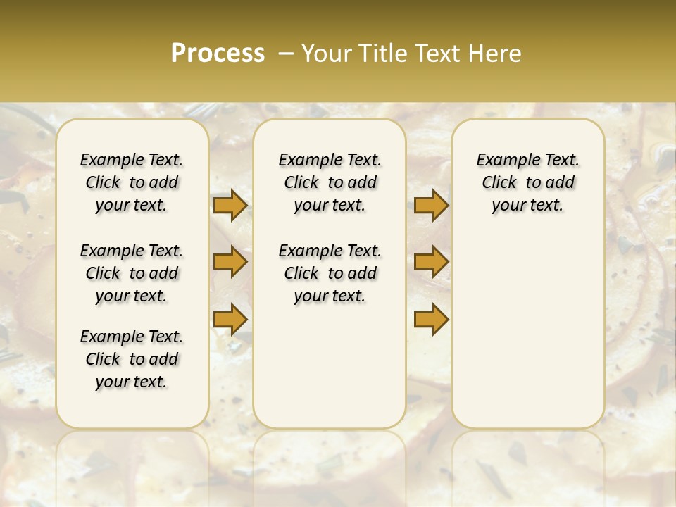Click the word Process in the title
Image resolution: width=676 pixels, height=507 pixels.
point(218,53)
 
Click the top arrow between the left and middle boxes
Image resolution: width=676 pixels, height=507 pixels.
point(230,206)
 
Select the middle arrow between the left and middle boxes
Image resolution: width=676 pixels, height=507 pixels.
point(230,263)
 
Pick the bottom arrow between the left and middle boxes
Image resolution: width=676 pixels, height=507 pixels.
point(230,320)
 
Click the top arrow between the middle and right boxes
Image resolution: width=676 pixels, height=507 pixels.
point(431,206)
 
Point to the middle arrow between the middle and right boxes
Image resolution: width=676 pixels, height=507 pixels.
point(431,263)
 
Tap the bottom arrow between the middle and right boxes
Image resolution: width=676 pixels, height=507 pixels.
point(431,320)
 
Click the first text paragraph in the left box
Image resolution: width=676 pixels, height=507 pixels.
point(132,182)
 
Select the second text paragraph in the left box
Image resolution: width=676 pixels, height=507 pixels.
point(132,273)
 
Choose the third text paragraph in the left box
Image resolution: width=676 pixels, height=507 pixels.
point(132,359)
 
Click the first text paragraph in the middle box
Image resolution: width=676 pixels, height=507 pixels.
point(330,182)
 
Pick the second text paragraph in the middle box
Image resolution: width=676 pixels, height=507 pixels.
point(330,273)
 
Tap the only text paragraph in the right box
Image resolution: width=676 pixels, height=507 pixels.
point(527,182)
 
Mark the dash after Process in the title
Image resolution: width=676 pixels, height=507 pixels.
point(286,53)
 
